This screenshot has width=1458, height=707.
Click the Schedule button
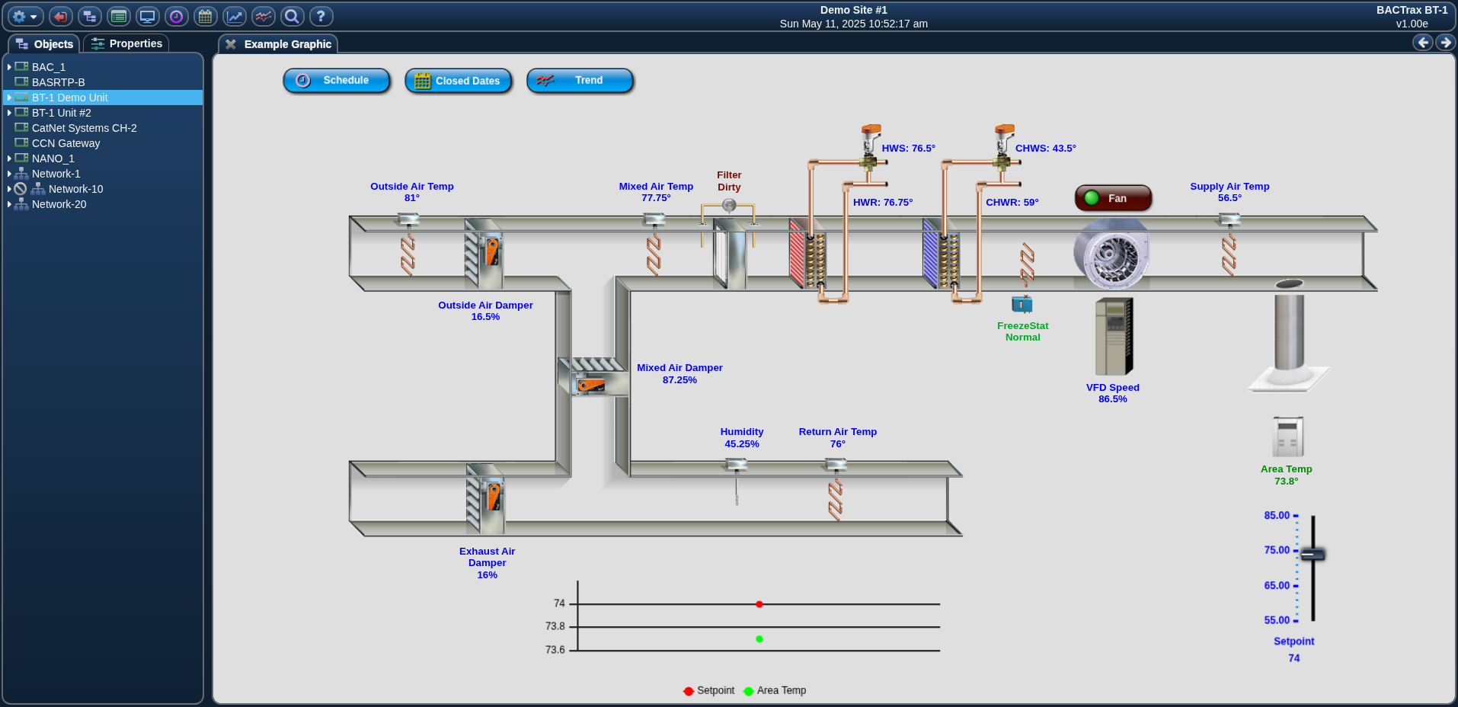pos(336,80)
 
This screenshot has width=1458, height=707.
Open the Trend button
pos(580,80)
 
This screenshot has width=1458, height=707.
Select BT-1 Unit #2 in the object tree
pos(61,113)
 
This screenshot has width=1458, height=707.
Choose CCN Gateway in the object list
pos(66,143)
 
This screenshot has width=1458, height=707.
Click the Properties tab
pos(126,43)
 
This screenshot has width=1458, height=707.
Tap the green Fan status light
pos(1092,198)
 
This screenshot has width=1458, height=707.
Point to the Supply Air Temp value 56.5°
pos(1229,198)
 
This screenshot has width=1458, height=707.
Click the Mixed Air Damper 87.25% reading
pos(679,380)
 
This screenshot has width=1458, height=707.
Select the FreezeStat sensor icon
pos(1022,305)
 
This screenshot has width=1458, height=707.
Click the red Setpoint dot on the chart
pos(759,604)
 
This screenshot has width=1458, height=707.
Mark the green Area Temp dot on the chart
pos(759,639)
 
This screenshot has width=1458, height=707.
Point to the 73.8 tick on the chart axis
pos(555,626)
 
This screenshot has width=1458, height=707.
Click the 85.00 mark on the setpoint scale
pos(1277,516)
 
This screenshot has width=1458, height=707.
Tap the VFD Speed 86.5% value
pos(1113,399)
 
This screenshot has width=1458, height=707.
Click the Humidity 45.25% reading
pos(742,444)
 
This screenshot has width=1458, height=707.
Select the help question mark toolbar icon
pos(321,16)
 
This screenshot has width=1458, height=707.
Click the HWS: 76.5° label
pos(909,149)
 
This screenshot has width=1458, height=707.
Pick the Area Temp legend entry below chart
pos(775,690)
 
